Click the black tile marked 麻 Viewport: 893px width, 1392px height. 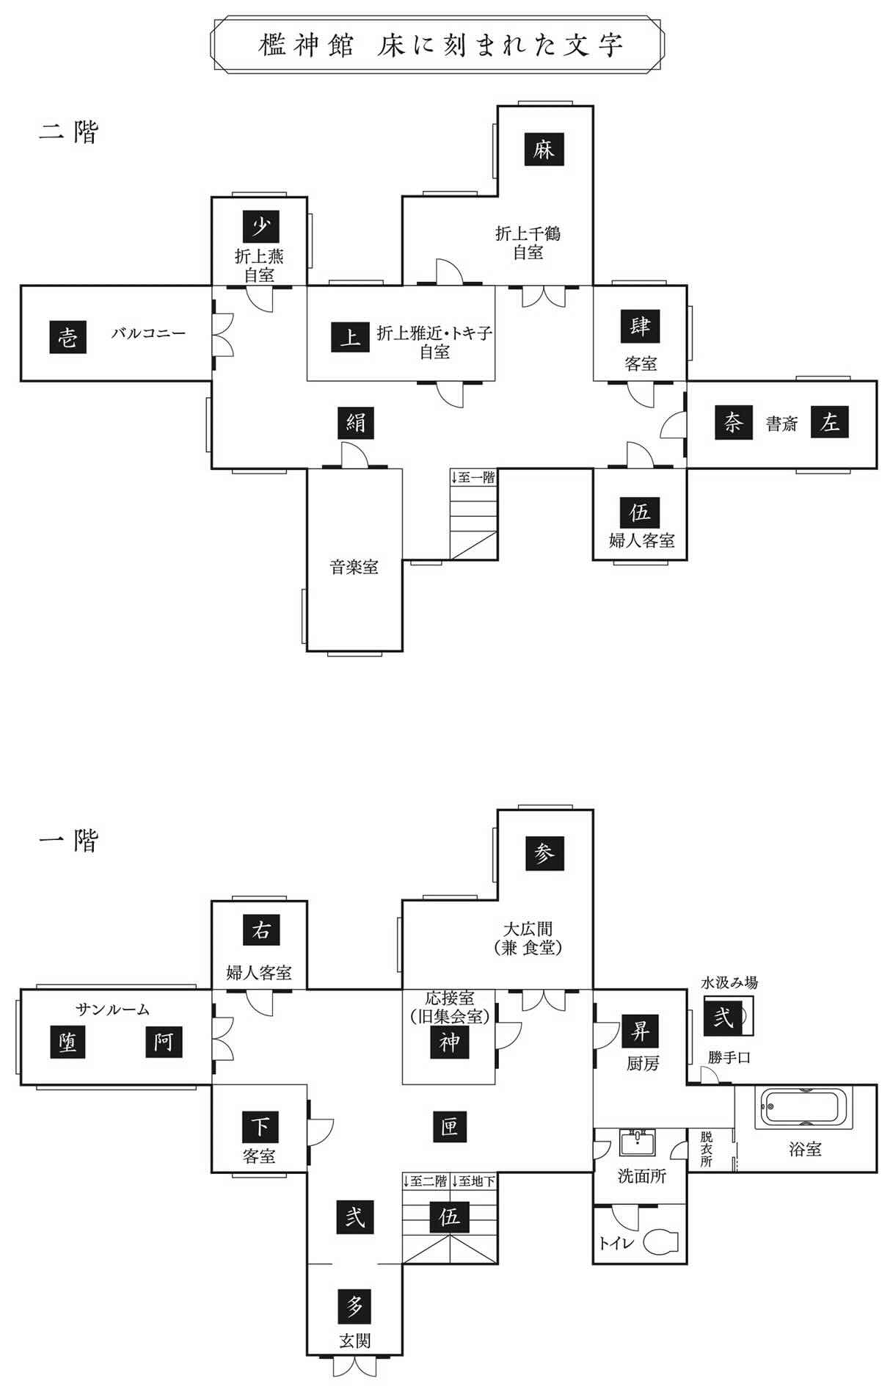[544, 151]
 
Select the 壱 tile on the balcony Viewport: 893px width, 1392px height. [68, 338]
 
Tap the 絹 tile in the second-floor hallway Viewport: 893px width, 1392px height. [356, 422]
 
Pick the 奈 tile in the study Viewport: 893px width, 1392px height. [733, 422]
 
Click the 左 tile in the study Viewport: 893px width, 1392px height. [829, 422]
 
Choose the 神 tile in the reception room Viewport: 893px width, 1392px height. [449, 1042]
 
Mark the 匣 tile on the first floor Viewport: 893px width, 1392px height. [449, 1125]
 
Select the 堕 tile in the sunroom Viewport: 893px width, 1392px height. [68, 1042]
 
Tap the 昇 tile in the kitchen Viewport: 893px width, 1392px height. [640, 1031]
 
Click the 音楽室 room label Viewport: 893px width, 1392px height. [354, 568]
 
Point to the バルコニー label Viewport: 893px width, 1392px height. [149, 333]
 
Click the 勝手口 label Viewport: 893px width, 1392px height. [729, 1058]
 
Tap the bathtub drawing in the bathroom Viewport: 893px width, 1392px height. [806, 1108]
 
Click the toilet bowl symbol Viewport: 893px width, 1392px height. [661, 1242]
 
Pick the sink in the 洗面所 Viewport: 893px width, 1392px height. [638, 1144]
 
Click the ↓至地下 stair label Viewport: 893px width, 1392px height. [474, 1181]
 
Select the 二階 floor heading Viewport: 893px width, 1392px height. [68, 132]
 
